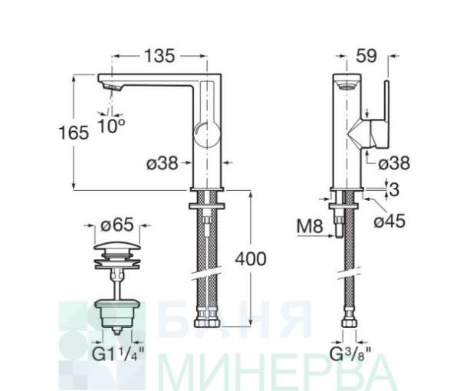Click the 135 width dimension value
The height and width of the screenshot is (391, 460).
pyautogui.click(x=160, y=56)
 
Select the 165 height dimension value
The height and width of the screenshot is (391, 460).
pyautogui.click(x=74, y=133)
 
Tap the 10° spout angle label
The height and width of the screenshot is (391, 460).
pyautogui.click(x=111, y=126)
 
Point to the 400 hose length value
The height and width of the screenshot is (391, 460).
pyautogui.click(x=251, y=258)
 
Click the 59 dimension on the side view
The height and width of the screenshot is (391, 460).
pyautogui.click(x=366, y=56)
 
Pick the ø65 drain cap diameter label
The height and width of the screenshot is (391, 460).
pyautogui.click(x=117, y=225)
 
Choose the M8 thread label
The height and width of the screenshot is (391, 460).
pyautogui.click(x=310, y=226)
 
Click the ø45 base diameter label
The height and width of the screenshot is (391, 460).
pyautogui.click(x=389, y=221)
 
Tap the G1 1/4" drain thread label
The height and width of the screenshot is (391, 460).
pyautogui.click(x=119, y=354)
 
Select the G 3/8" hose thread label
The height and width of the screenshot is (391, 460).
pyautogui.click(x=350, y=354)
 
